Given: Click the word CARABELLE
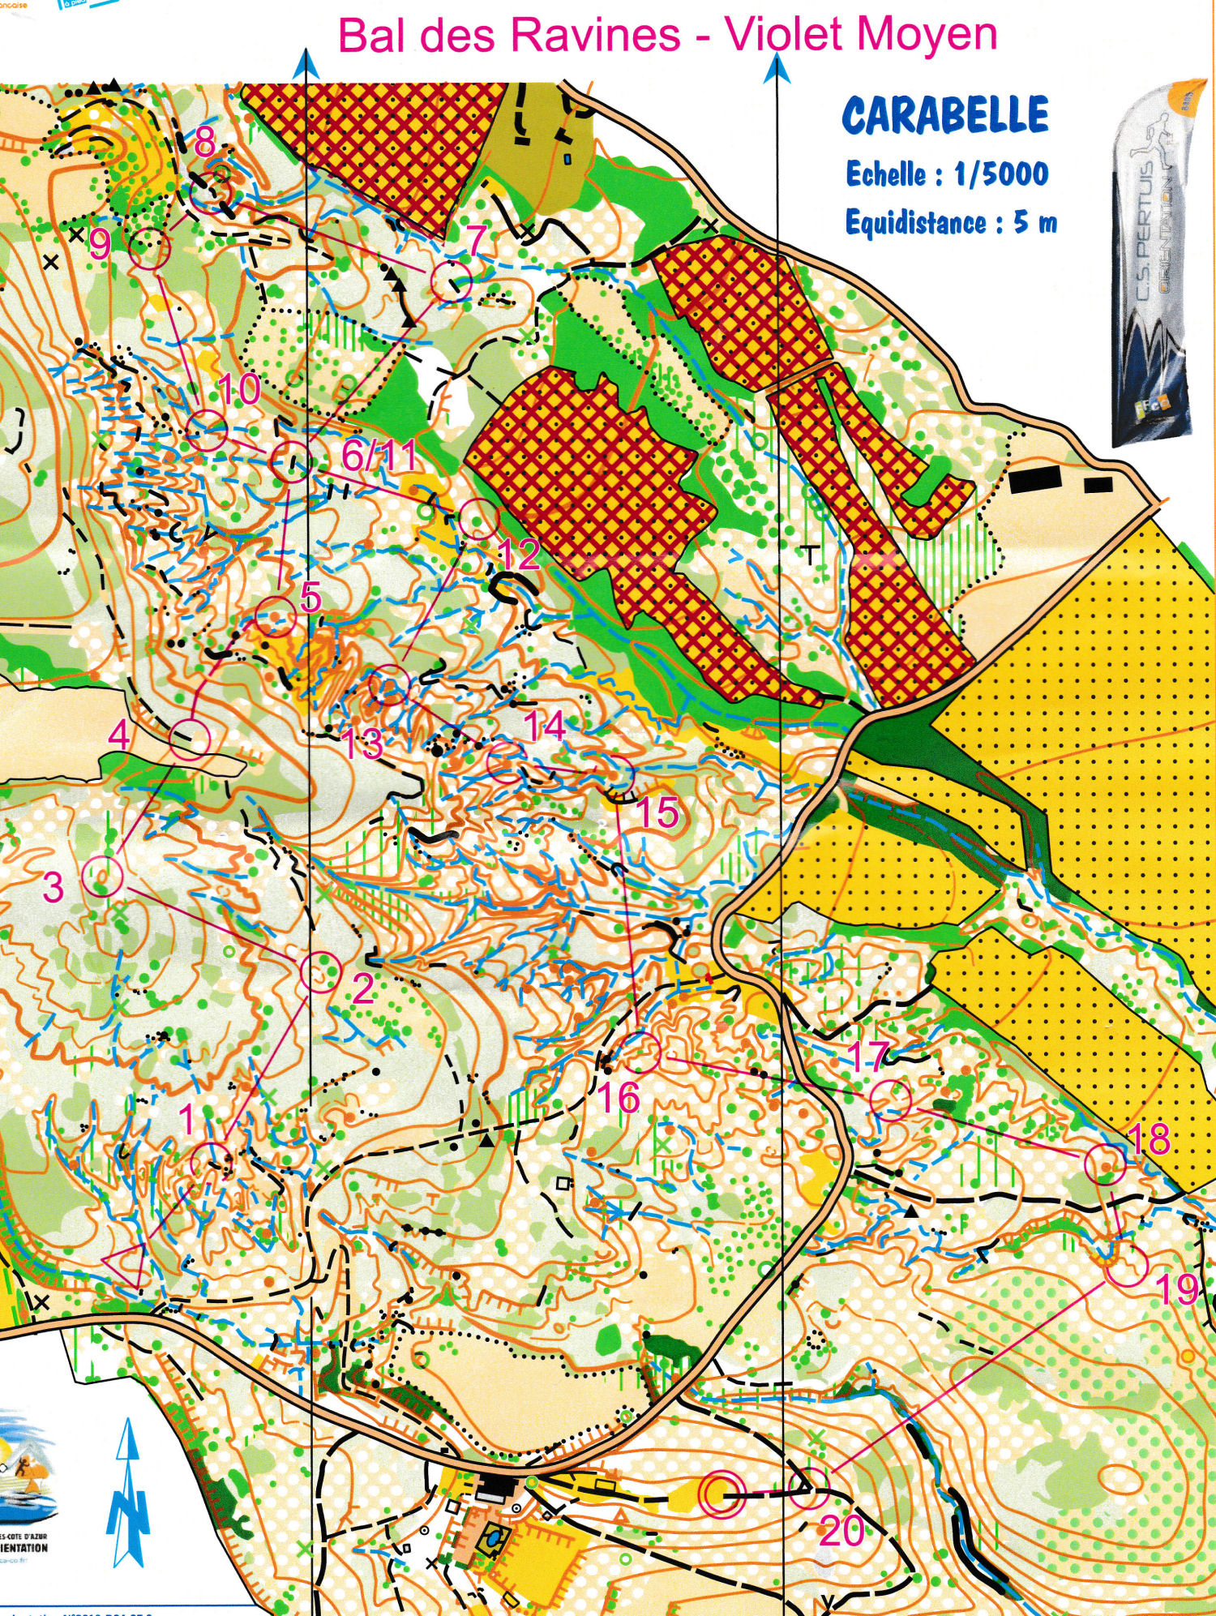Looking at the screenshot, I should pos(945,115).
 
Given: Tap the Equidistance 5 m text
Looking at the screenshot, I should pos(950,221).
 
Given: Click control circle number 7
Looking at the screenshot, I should pos(451,281).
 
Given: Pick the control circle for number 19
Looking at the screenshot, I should pos(1127,1267).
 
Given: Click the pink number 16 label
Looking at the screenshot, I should pos(619,1099).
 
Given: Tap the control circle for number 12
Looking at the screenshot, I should pos(478,520).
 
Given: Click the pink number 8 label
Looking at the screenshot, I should pos(204,142).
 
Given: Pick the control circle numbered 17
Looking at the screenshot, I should pos(891,1100).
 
